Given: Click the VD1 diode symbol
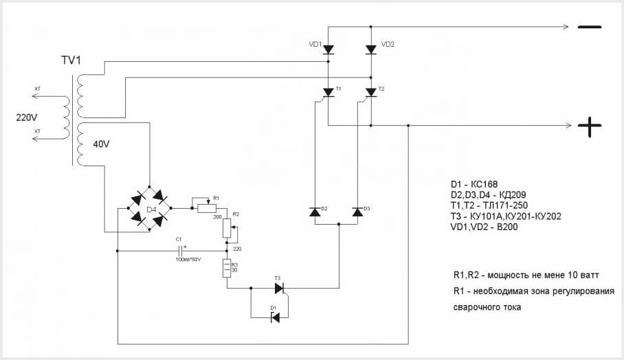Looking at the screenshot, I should tap(328, 49).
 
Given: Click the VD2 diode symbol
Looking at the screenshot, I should tap(371, 49).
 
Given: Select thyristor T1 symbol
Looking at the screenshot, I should tap(328, 92).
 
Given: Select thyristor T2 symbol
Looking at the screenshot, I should tap(371, 92).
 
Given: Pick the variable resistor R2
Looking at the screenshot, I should tap(227, 227).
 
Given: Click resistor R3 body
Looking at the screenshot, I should tap(227, 269).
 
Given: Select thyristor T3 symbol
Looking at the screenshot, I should tap(278, 289).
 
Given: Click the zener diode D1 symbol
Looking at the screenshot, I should tap(276, 317).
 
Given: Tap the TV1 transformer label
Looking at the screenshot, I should tap(71, 60).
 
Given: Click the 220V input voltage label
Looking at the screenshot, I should tap(28, 117).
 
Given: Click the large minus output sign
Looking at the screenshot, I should tap(589, 27).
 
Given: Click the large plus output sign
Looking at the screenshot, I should tap(589, 126).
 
